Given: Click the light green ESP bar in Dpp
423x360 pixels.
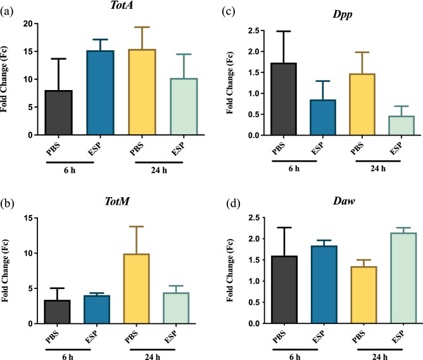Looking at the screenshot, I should click(392, 125).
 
